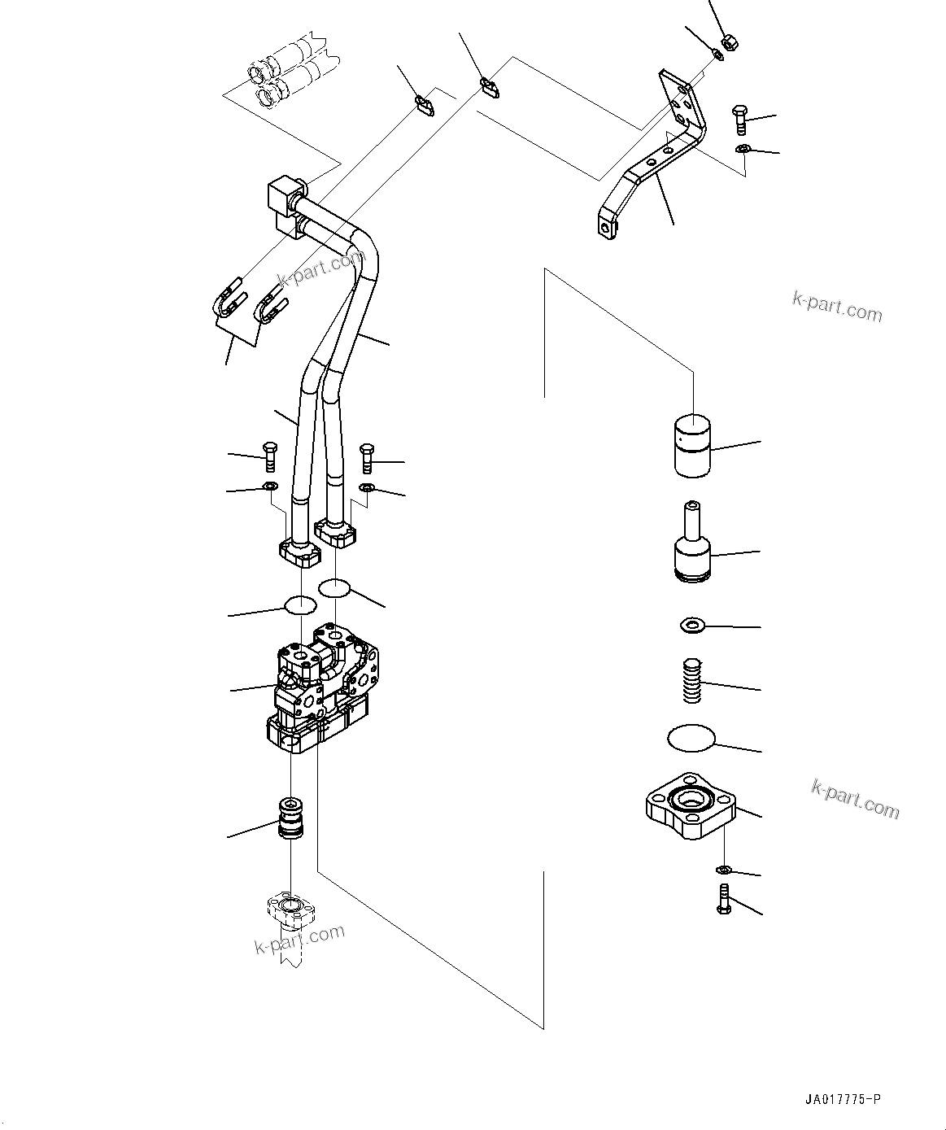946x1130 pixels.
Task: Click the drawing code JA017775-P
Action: [x=842, y=1100]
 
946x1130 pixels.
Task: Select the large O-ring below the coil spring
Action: [x=691, y=738]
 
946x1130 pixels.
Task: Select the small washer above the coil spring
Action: [x=691, y=626]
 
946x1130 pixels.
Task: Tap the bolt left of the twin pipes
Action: [x=271, y=455]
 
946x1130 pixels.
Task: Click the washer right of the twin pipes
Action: [x=367, y=487]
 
